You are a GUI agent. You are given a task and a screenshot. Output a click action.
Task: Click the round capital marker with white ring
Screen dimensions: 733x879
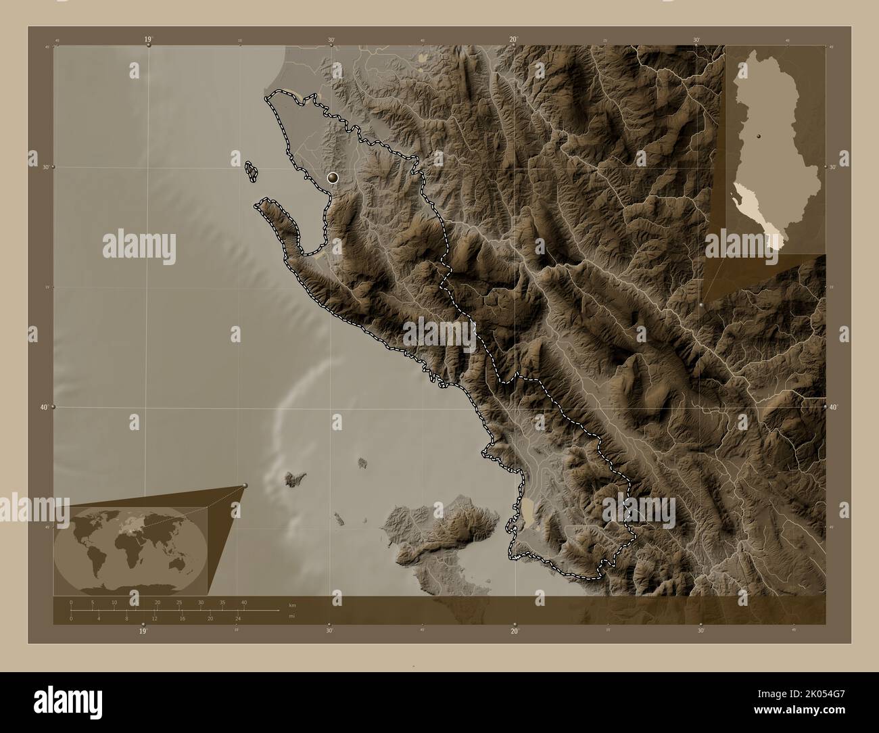coord(333,178)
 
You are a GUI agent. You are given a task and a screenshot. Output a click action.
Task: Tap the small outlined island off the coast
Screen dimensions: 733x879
coord(252,172)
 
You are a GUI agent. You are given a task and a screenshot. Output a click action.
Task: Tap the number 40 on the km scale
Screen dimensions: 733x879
coord(244,602)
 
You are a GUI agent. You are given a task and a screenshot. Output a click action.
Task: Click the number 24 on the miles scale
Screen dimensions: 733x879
coord(238,618)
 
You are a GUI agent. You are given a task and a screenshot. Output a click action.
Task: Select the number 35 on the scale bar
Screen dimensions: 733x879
coord(222,602)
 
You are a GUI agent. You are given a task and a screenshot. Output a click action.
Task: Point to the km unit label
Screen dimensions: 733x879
coord(292,605)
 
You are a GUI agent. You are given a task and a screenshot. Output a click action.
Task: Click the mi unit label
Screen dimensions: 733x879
coord(291,615)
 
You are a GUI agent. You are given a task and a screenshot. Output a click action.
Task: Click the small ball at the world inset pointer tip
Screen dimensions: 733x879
coord(245,485)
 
